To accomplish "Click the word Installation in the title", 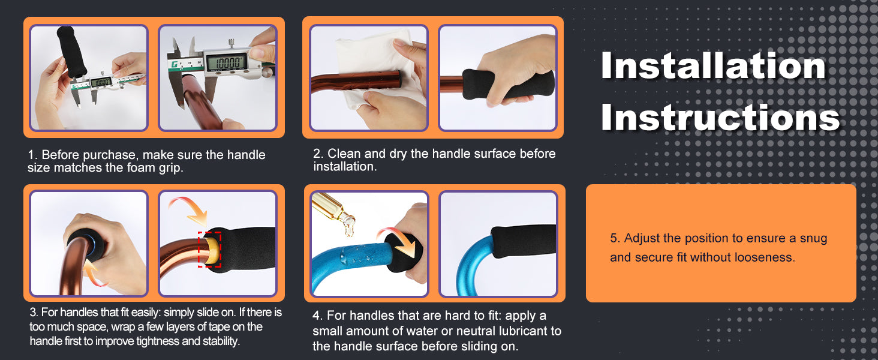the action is [714, 65].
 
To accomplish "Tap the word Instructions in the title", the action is [720, 117].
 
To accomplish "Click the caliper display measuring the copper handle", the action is [227, 62].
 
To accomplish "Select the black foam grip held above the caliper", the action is [71, 52].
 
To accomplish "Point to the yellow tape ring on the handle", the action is [211, 250].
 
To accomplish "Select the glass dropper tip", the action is [348, 224].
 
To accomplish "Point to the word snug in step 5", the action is [813, 239].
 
